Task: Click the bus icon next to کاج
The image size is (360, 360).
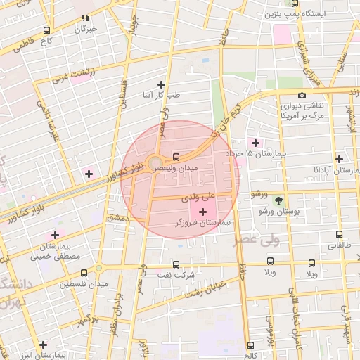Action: click(47, 30)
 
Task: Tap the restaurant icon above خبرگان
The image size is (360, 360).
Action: click(85, 18)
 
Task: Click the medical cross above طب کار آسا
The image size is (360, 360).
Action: click(163, 84)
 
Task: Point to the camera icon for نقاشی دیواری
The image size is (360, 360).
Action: click(302, 96)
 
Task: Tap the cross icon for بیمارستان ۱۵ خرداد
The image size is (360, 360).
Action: click(255, 143)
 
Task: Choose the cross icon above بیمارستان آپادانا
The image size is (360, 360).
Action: click(340, 160)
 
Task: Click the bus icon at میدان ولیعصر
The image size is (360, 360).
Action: click(176, 156)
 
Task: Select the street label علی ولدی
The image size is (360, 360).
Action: click(196, 199)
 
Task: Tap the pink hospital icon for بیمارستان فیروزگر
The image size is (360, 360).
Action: click(204, 211)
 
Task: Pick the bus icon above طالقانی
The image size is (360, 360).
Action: click(340, 235)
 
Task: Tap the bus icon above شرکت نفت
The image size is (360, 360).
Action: click(177, 264)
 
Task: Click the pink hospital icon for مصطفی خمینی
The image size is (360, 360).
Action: click(55, 236)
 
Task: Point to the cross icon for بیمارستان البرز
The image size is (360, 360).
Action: click(44, 345)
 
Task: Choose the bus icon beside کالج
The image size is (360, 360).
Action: click(251, 345)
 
